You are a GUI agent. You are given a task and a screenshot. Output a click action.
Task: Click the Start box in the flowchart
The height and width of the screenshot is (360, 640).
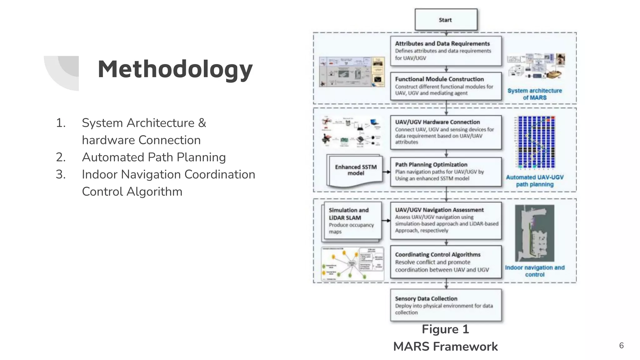click(446, 20)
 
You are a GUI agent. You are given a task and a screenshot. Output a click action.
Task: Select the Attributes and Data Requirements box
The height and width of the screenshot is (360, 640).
click(446, 51)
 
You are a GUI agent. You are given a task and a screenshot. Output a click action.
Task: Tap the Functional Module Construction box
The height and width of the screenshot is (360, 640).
click(446, 86)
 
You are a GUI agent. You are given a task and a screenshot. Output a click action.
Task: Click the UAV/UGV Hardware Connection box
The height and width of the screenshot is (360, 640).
click(446, 132)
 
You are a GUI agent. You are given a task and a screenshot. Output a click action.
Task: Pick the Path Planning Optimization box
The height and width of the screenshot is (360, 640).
click(446, 172)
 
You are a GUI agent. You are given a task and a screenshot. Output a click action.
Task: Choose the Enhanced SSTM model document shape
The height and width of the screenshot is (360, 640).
click(355, 171)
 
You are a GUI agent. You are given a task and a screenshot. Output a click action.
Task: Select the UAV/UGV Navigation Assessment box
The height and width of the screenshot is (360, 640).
click(446, 221)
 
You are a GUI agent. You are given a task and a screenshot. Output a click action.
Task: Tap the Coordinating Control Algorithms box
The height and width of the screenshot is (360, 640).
click(446, 262)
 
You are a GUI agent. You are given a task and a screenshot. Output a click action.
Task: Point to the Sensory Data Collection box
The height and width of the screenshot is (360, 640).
click(446, 305)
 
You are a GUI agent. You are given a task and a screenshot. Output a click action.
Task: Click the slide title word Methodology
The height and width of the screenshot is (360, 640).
click(175, 69)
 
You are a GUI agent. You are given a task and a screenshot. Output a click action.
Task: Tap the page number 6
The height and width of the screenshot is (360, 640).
click(621, 346)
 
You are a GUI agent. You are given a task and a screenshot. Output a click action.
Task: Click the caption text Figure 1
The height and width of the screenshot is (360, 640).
click(445, 329)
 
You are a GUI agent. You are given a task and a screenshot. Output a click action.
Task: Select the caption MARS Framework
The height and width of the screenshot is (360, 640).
click(445, 347)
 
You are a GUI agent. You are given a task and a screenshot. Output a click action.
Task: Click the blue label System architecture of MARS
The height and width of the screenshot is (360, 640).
click(535, 94)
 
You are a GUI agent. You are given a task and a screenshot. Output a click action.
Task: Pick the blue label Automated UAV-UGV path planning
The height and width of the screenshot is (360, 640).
click(535, 181)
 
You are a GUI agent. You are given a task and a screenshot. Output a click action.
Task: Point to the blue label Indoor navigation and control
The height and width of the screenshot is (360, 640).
click(535, 271)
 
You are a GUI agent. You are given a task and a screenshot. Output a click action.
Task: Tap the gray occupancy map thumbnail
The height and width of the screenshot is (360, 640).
click(535, 233)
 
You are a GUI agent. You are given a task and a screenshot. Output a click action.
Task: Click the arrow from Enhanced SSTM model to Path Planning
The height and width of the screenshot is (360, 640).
click(387, 172)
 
